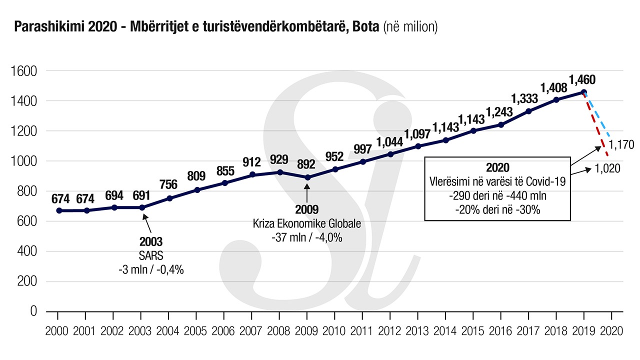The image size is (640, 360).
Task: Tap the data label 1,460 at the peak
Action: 582,79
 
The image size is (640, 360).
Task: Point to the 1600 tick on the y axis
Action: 24,71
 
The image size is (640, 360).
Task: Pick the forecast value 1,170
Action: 621,145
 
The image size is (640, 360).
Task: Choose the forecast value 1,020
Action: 607,168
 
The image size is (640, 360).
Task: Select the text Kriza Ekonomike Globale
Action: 307,223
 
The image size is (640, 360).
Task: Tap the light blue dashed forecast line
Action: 597,116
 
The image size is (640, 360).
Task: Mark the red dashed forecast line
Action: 596,125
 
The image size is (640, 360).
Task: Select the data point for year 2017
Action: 529,111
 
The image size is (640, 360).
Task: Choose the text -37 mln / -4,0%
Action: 306,237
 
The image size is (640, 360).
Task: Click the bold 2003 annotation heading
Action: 151,241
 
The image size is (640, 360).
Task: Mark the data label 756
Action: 168,184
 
